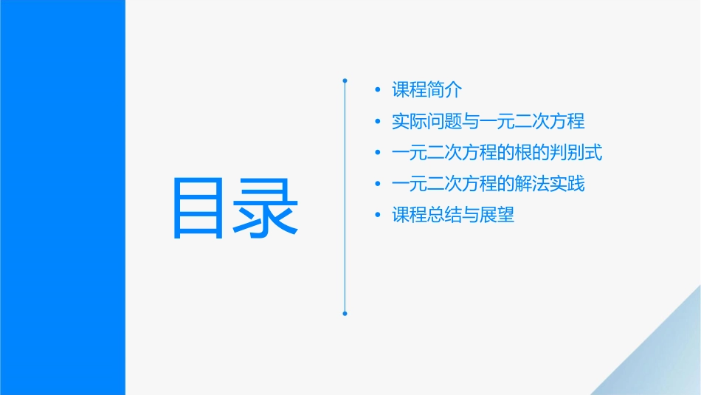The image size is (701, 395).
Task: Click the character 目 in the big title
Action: pyautogui.click(x=202, y=207)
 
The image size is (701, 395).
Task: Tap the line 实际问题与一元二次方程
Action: pyautogui.click(x=488, y=121)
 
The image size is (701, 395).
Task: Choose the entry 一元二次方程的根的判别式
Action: pyautogui.click(x=497, y=153)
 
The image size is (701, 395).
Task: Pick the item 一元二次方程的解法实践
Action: pyautogui.click(x=488, y=184)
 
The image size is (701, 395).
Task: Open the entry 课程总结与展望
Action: pyautogui.click(x=453, y=216)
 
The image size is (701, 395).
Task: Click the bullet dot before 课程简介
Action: pyautogui.click(x=378, y=91)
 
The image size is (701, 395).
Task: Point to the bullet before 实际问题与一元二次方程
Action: pyautogui.click(x=378, y=122)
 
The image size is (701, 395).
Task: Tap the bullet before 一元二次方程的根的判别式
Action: pyautogui.click(x=378, y=154)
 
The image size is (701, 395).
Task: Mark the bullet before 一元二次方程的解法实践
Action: pyautogui.click(x=378, y=185)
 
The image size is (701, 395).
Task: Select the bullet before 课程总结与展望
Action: pyautogui.click(x=378, y=216)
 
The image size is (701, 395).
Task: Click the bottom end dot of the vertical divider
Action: pyautogui.click(x=345, y=313)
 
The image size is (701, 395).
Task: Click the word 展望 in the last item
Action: pyautogui.click(x=497, y=216)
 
